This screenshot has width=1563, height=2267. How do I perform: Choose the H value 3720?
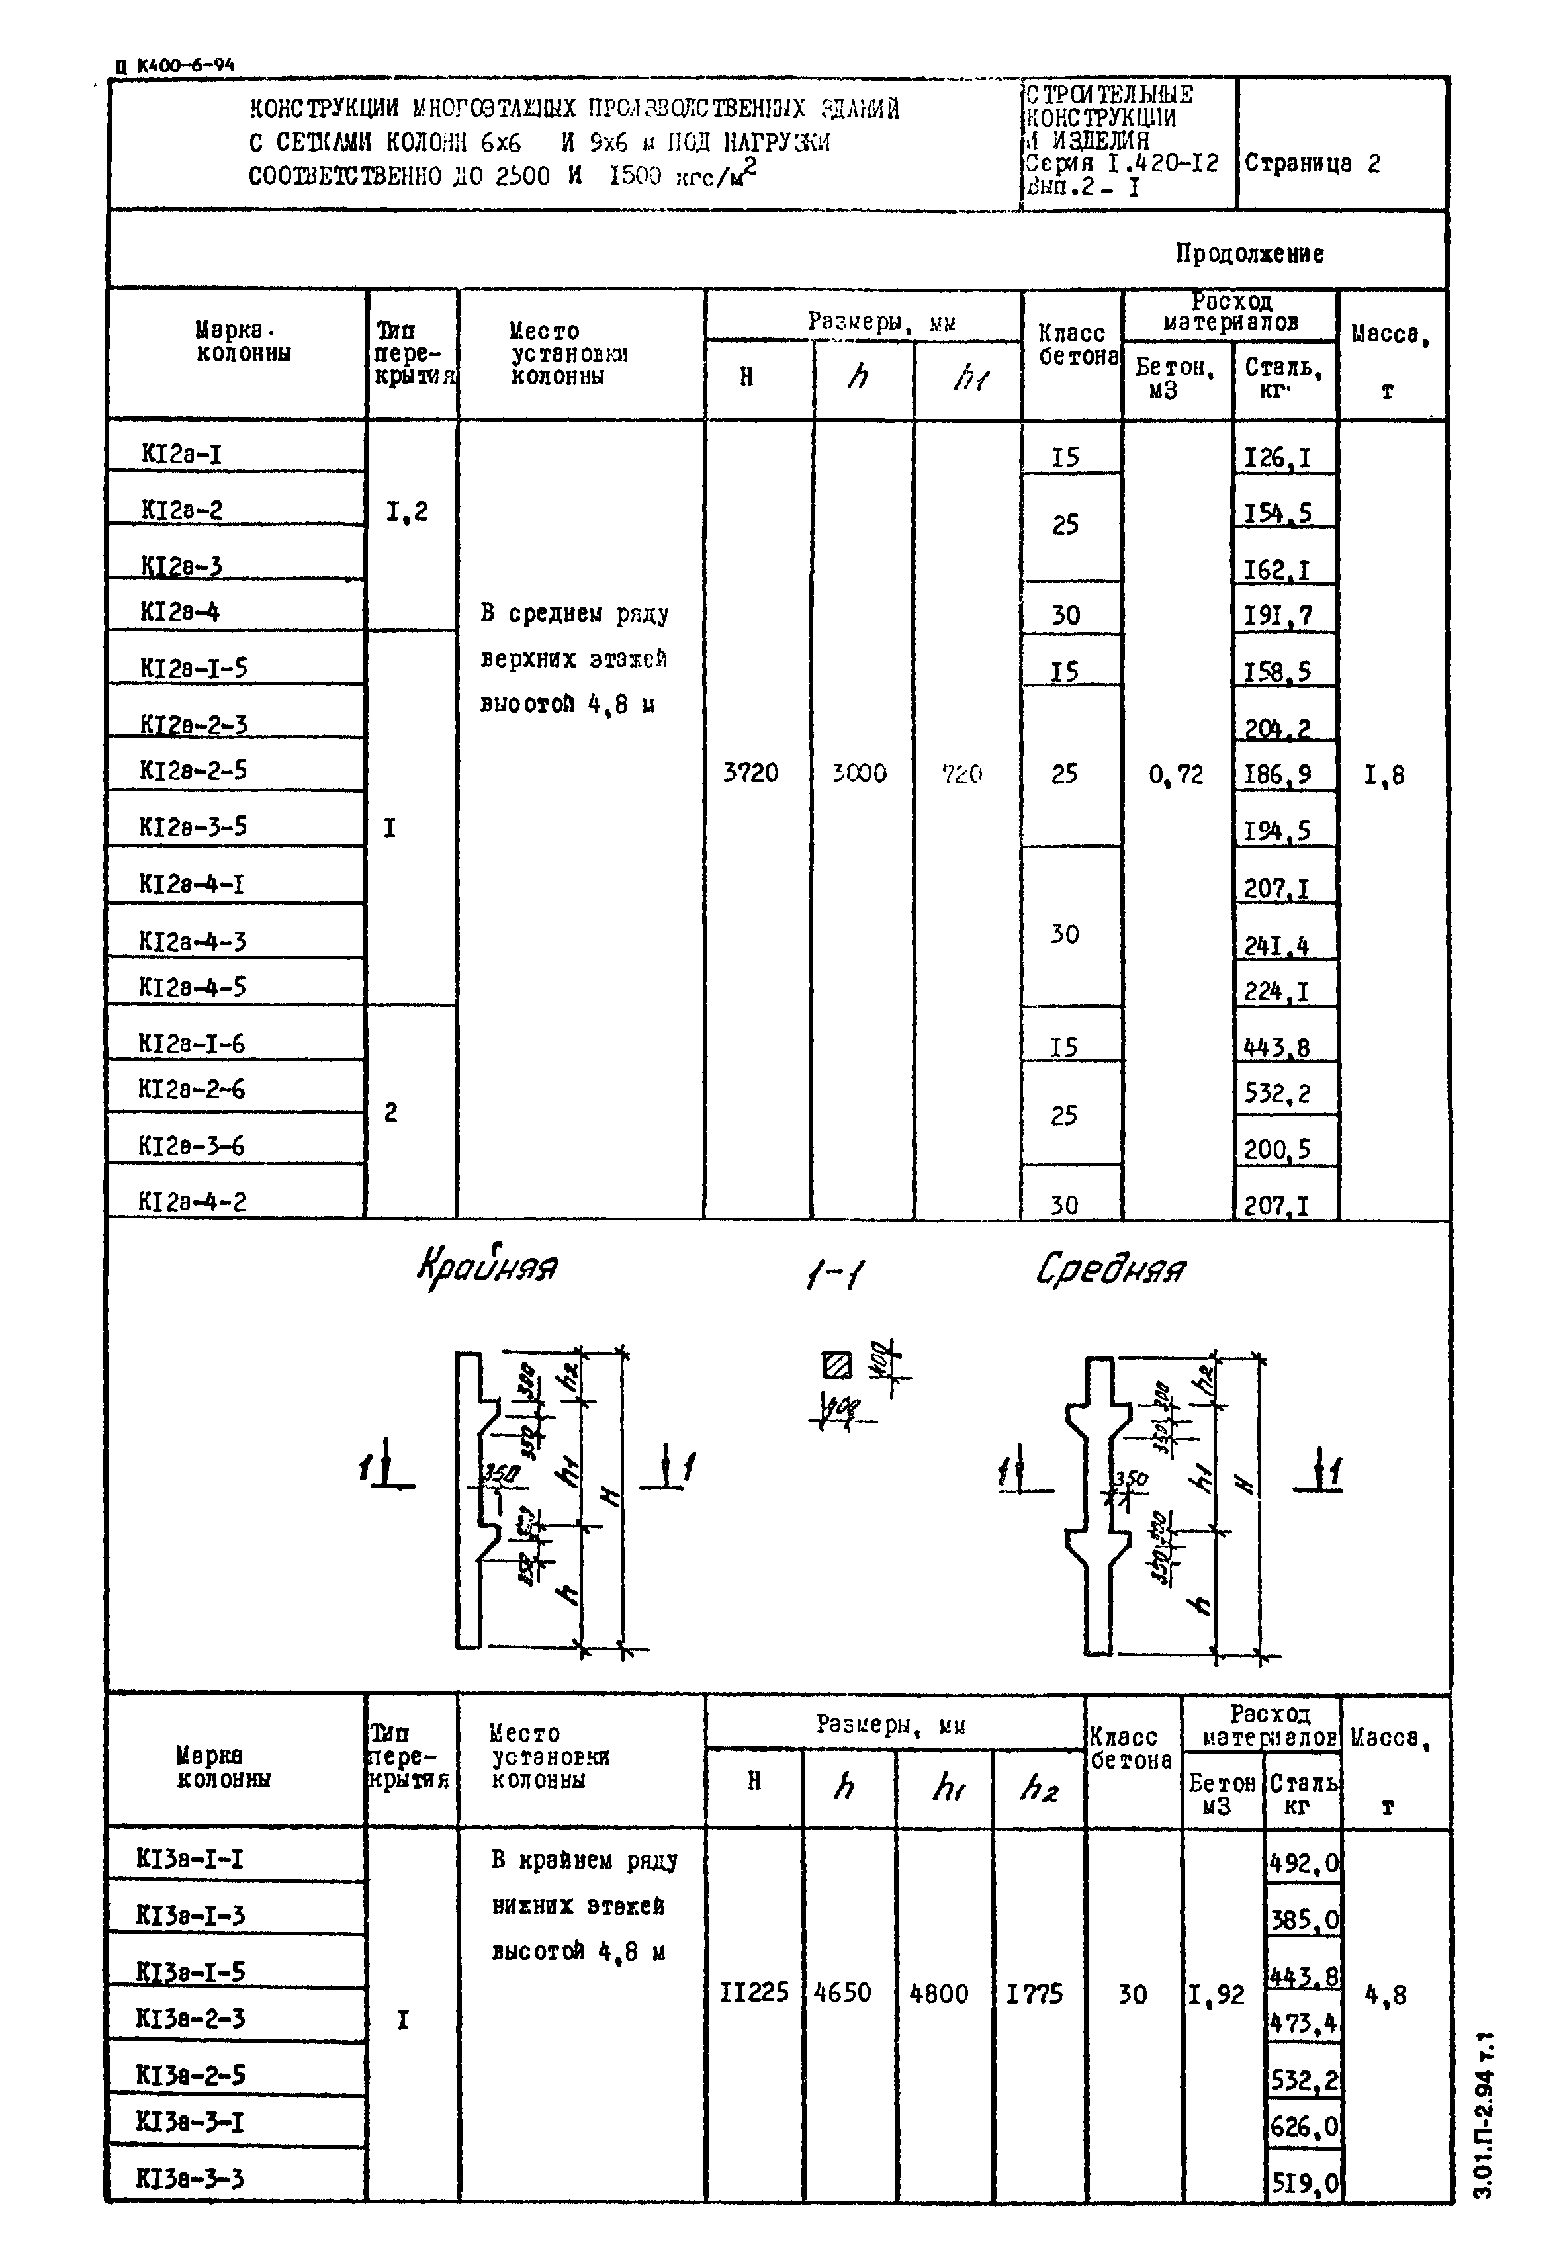click(750, 773)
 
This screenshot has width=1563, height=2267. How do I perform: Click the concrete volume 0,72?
click(1175, 775)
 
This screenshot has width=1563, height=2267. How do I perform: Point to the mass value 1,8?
click(1384, 776)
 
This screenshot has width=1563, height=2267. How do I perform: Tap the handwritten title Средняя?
click(1110, 1269)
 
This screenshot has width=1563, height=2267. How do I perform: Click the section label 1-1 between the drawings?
click(834, 1274)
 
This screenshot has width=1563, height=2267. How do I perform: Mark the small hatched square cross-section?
click(836, 1365)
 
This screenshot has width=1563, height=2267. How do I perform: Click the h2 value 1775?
click(1034, 1994)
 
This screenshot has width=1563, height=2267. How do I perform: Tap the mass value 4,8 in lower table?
click(1386, 1995)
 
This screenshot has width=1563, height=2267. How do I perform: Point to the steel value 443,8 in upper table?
click(1276, 1048)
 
